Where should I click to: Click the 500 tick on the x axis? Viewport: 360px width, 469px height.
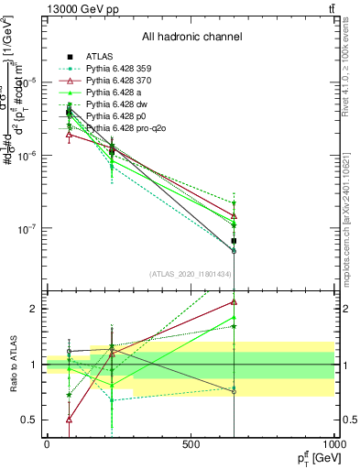191,443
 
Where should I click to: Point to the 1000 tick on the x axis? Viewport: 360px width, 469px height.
334,443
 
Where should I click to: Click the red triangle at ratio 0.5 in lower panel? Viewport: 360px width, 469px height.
70,420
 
